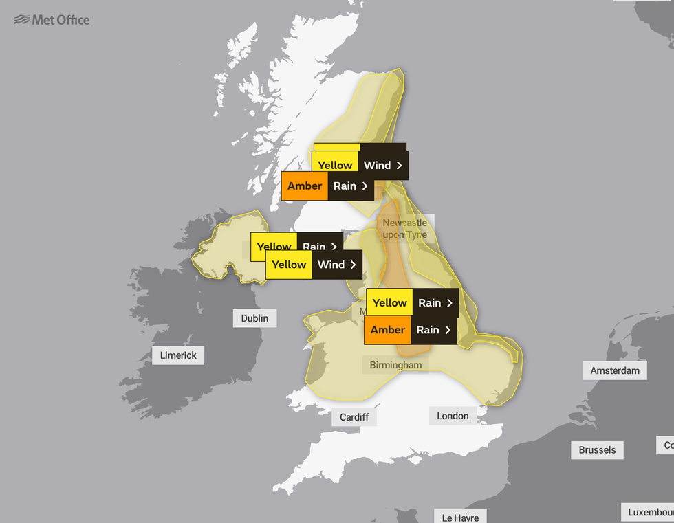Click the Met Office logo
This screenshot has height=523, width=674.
click(52, 20)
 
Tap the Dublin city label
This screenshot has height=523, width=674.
click(254, 318)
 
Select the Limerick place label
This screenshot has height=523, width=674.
click(178, 355)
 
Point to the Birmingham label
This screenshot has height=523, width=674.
click(395, 365)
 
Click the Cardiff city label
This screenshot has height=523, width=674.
click(354, 417)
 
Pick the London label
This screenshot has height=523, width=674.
click(453, 416)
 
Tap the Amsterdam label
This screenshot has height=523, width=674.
click(615, 370)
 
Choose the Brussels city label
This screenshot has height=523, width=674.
click(597, 450)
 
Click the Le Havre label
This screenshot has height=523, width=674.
click(460, 517)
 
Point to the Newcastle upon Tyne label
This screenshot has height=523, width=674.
click(404, 229)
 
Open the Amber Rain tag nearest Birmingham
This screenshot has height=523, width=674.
click(411, 330)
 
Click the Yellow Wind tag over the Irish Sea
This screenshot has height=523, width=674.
click(314, 265)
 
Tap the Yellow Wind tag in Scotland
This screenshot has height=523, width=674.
click(360, 166)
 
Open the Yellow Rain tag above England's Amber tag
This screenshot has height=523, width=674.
click(412, 303)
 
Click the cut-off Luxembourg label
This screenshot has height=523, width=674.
click(648, 513)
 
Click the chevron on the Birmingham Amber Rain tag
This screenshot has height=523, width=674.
click(448, 330)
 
